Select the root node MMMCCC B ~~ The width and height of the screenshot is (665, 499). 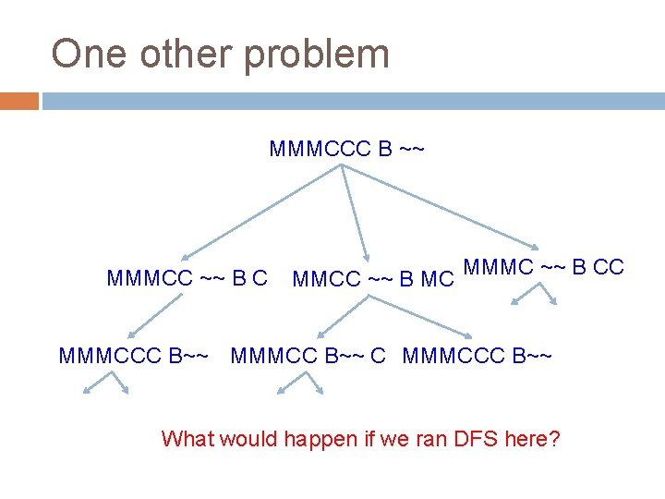[x=346, y=149]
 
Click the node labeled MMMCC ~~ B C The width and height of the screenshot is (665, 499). [x=187, y=277]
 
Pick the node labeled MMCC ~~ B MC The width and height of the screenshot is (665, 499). [x=373, y=278]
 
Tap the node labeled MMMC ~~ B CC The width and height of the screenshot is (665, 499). [x=544, y=268]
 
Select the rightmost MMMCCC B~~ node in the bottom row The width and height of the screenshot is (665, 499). [x=478, y=355]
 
